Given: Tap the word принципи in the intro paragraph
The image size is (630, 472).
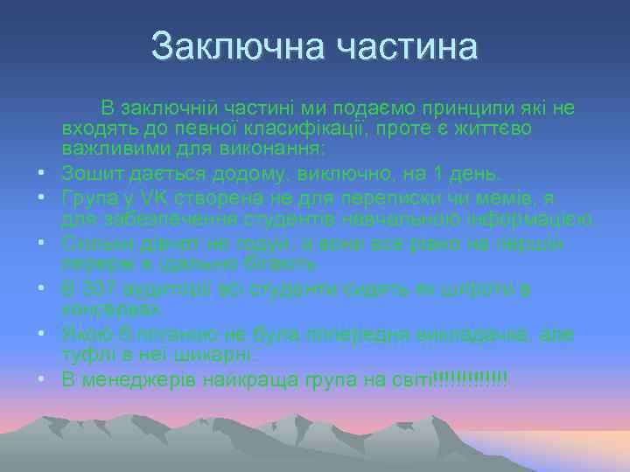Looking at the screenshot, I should pyautogui.click(x=443, y=108).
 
